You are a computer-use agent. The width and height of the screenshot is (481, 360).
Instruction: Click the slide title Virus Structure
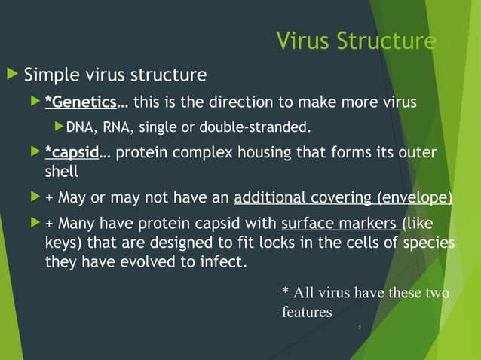point(355,40)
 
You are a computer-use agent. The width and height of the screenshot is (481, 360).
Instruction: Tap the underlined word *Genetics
point(80,102)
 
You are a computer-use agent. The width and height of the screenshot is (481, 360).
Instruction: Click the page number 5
point(360,328)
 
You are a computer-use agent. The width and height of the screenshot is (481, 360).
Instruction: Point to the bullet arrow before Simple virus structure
point(11,75)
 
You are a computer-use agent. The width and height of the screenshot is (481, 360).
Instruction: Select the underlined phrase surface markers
point(341,224)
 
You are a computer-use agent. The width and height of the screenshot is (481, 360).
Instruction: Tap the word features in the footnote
point(306,311)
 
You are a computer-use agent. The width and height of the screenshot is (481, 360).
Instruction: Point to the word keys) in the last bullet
point(64,243)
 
